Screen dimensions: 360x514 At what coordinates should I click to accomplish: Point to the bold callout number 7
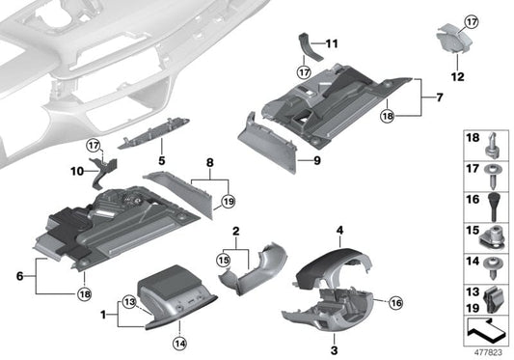pos(439,97)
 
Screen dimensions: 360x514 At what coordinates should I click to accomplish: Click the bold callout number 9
pos(314,160)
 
